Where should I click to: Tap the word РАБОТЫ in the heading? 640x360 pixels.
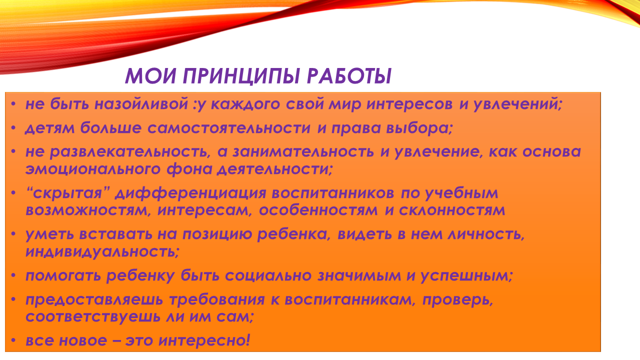(349, 76)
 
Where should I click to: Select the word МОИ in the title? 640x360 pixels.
(150, 75)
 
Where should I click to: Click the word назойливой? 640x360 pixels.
(141, 103)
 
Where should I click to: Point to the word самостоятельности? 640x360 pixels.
(229, 127)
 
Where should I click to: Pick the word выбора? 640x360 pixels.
(419, 127)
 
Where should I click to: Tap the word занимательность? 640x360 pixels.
(303, 151)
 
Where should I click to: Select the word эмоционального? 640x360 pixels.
(93, 169)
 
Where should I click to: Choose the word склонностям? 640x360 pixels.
(452, 210)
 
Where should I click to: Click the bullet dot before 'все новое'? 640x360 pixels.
(13, 341)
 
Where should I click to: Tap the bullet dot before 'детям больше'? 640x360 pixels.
(13, 128)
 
